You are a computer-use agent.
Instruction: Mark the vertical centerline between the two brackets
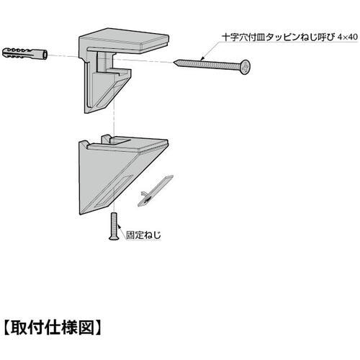114,122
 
